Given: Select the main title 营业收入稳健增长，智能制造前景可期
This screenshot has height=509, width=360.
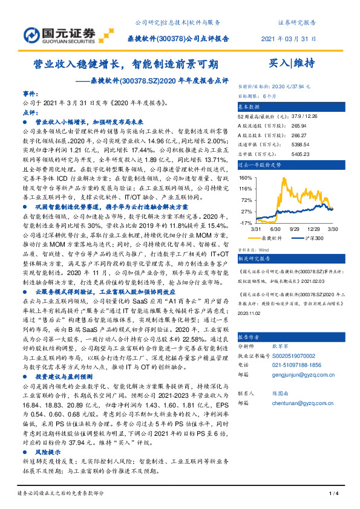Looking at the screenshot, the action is pos(126,63).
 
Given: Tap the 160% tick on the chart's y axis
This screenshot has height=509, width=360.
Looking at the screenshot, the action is pos(244,178).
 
